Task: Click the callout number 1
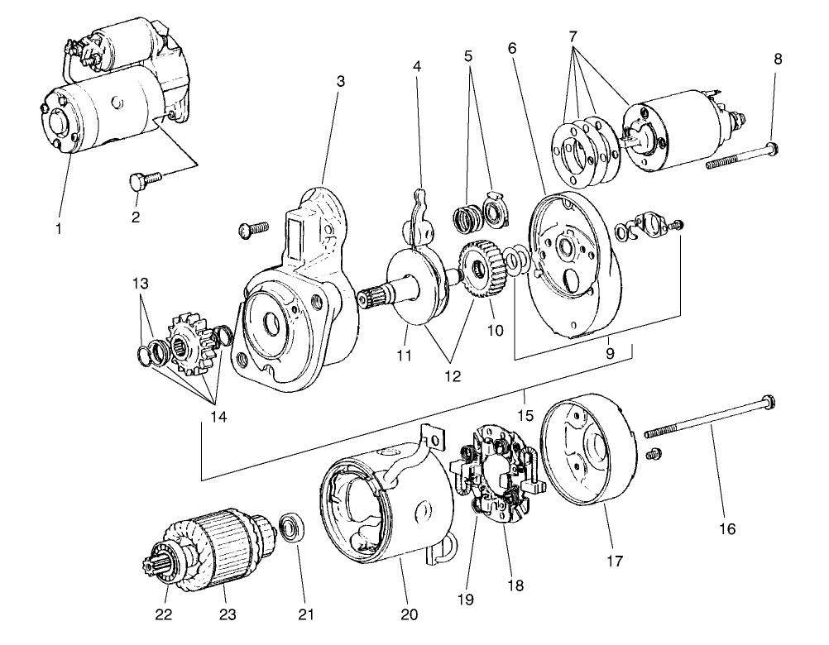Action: coord(59,229)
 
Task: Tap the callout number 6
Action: coord(512,49)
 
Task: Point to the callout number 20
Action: coord(409,614)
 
